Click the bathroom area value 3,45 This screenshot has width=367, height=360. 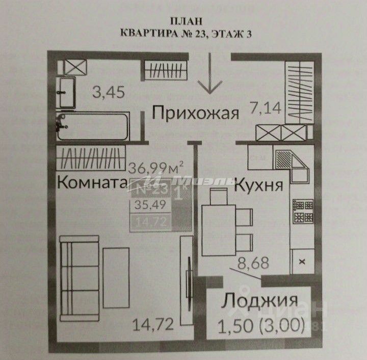109,92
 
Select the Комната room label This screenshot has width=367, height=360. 92,182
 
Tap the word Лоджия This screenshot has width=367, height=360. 259,301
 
